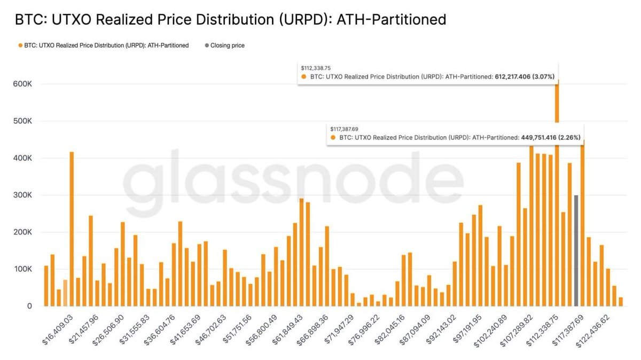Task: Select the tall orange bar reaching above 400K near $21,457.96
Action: [x=72, y=230]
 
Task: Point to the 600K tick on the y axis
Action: [x=22, y=84]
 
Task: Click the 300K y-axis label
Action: [x=22, y=195]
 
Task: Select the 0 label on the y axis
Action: [x=29, y=307]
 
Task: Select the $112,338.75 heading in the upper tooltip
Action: [x=316, y=68]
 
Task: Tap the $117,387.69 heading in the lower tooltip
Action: [x=344, y=129]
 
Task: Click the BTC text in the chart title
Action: [x=27, y=20]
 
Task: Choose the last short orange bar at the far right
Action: [x=621, y=302]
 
